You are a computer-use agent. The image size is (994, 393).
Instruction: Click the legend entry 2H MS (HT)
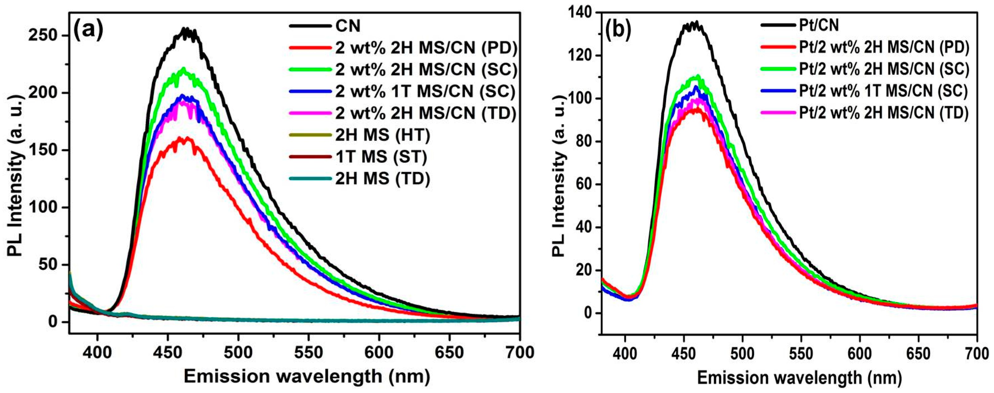382,135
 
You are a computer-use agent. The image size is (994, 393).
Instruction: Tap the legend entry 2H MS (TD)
382,179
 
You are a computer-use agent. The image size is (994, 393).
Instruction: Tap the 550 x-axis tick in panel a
308,352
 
